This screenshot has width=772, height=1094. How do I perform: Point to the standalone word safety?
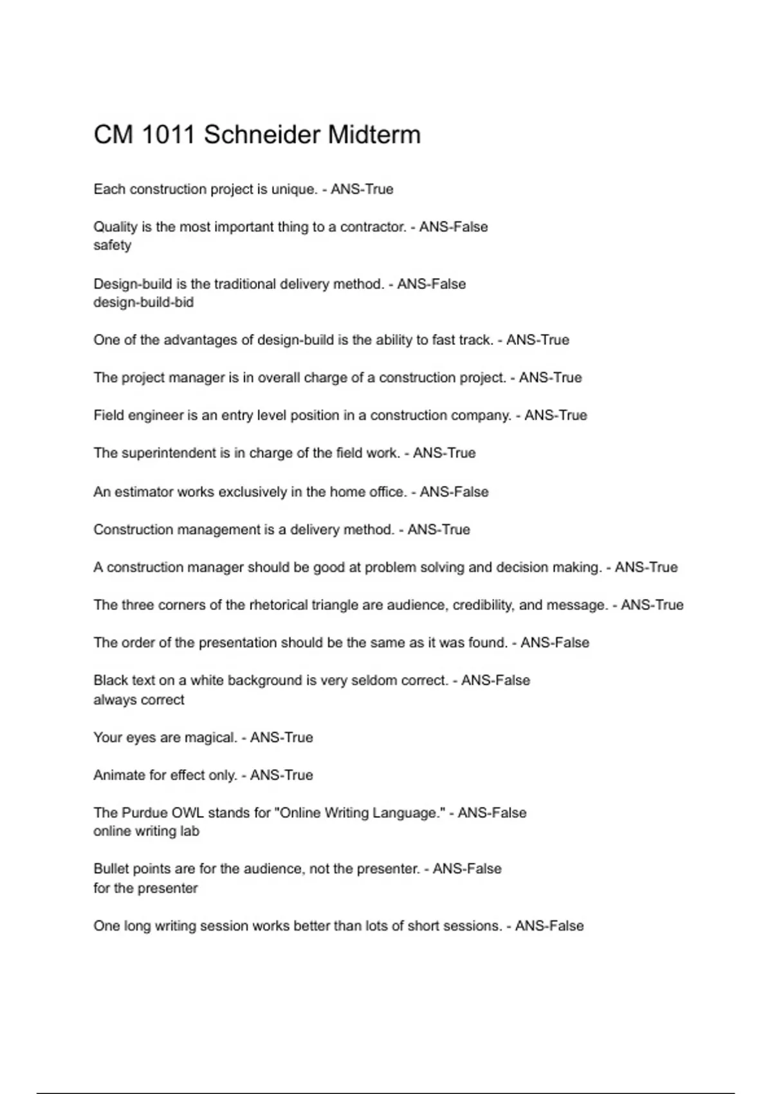(112, 245)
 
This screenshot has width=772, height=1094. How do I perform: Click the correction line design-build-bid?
(143, 302)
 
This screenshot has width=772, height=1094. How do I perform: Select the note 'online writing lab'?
(147, 831)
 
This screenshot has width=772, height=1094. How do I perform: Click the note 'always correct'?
(139, 700)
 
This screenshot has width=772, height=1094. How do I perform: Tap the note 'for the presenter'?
(145, 889)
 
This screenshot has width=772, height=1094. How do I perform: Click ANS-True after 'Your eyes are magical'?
(281, 737)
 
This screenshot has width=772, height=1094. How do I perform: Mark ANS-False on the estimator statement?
(454, 492)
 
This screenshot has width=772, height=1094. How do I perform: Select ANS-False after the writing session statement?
(549, 926)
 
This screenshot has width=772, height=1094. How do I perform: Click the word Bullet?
(111, 869)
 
